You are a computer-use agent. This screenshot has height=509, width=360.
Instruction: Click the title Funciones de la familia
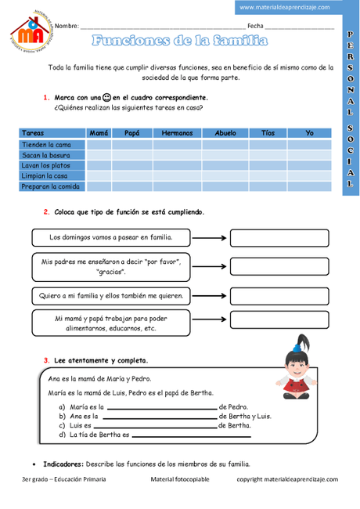[179, 41]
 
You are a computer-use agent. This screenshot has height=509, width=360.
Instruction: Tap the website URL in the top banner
[284, 7]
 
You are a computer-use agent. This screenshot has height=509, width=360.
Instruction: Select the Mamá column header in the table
[99, 133]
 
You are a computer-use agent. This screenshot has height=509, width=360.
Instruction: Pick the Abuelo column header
[225, 133]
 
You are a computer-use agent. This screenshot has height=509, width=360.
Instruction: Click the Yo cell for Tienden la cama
[309, 145]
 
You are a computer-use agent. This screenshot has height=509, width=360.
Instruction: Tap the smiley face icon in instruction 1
[106, 98]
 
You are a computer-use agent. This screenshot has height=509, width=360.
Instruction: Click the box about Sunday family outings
[110, 236]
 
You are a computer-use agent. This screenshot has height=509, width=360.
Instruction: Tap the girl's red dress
[297, 387]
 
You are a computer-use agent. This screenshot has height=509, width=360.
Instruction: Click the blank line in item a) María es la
[161, 409]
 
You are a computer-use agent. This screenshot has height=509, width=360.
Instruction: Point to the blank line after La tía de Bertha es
[193, 435]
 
